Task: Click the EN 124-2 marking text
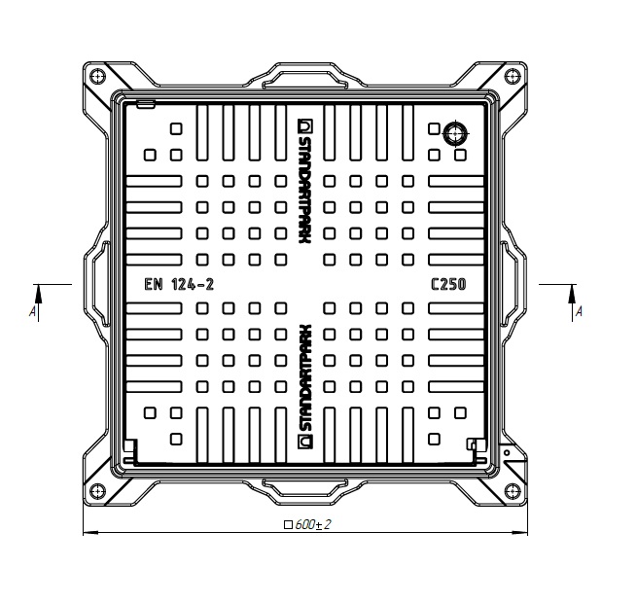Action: [x=179, y=284]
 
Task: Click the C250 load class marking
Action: [x=448, y=284]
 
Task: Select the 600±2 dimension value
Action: [x=313, y=524]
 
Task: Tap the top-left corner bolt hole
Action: [x=97, y=76]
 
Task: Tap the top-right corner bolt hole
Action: [x=513, y=76]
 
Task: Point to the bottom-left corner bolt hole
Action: [x=97, y=492]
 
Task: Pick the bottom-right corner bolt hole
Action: [x=513, y=492]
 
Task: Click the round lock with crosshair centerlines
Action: [x=455, y=133]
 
